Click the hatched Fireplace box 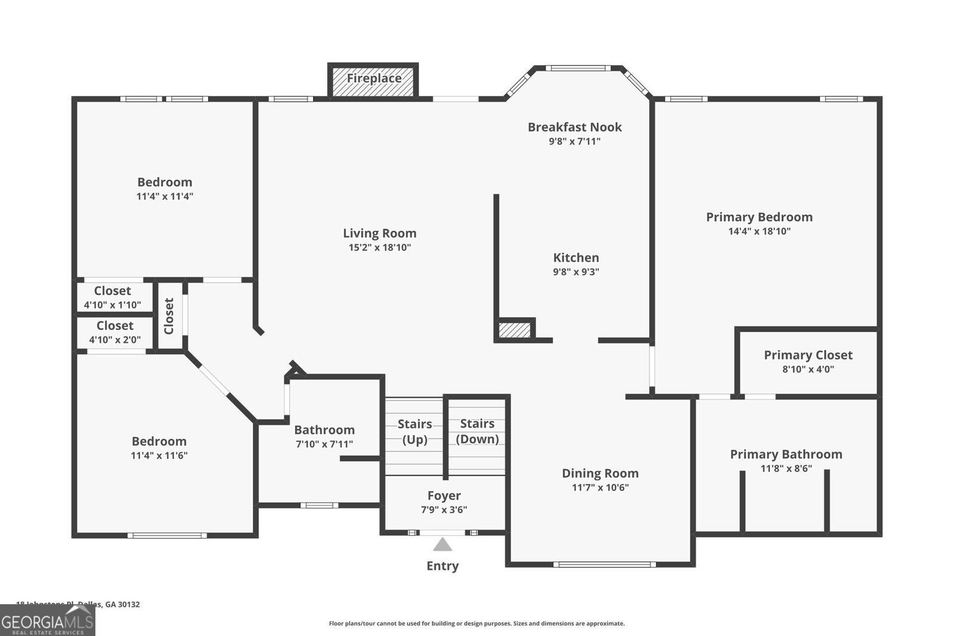(373, 79)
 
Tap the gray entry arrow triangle (442, 545)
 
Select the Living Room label (379, 233)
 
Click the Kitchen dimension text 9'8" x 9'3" (576, 272)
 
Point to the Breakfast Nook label (574, 127)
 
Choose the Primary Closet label (808, 355)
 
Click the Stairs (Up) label (414, 432)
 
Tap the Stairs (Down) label (477, 431)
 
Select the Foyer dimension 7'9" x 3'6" (444, 510)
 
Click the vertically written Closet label (169, 316)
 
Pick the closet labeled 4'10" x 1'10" (112, 297)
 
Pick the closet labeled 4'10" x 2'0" (114, 332)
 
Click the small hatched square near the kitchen (514, 330)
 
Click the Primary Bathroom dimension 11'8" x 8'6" (786, 469)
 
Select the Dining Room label (600, 473)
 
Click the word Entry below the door (442, 566)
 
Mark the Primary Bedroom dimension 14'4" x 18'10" (759, 231)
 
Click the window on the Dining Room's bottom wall (604, 564)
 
